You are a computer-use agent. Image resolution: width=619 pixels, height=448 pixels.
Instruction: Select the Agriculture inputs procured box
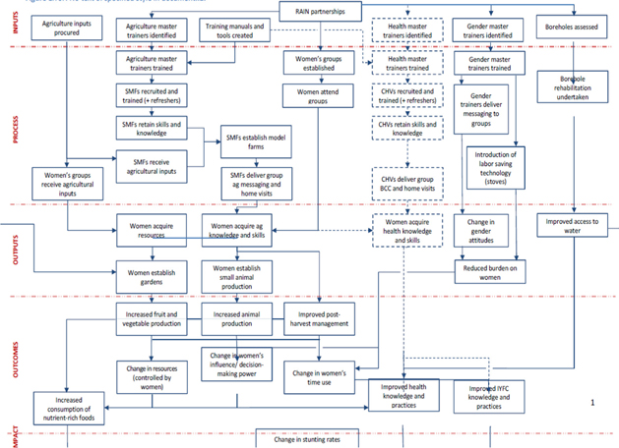(x=68, y=28)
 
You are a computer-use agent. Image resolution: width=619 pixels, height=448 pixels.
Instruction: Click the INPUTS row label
(x=16, y=27)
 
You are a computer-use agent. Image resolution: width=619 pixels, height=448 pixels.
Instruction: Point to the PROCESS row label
(x=16, y=128)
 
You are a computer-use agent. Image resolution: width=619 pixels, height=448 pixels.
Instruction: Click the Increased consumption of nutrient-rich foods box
(x=68, y=408)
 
